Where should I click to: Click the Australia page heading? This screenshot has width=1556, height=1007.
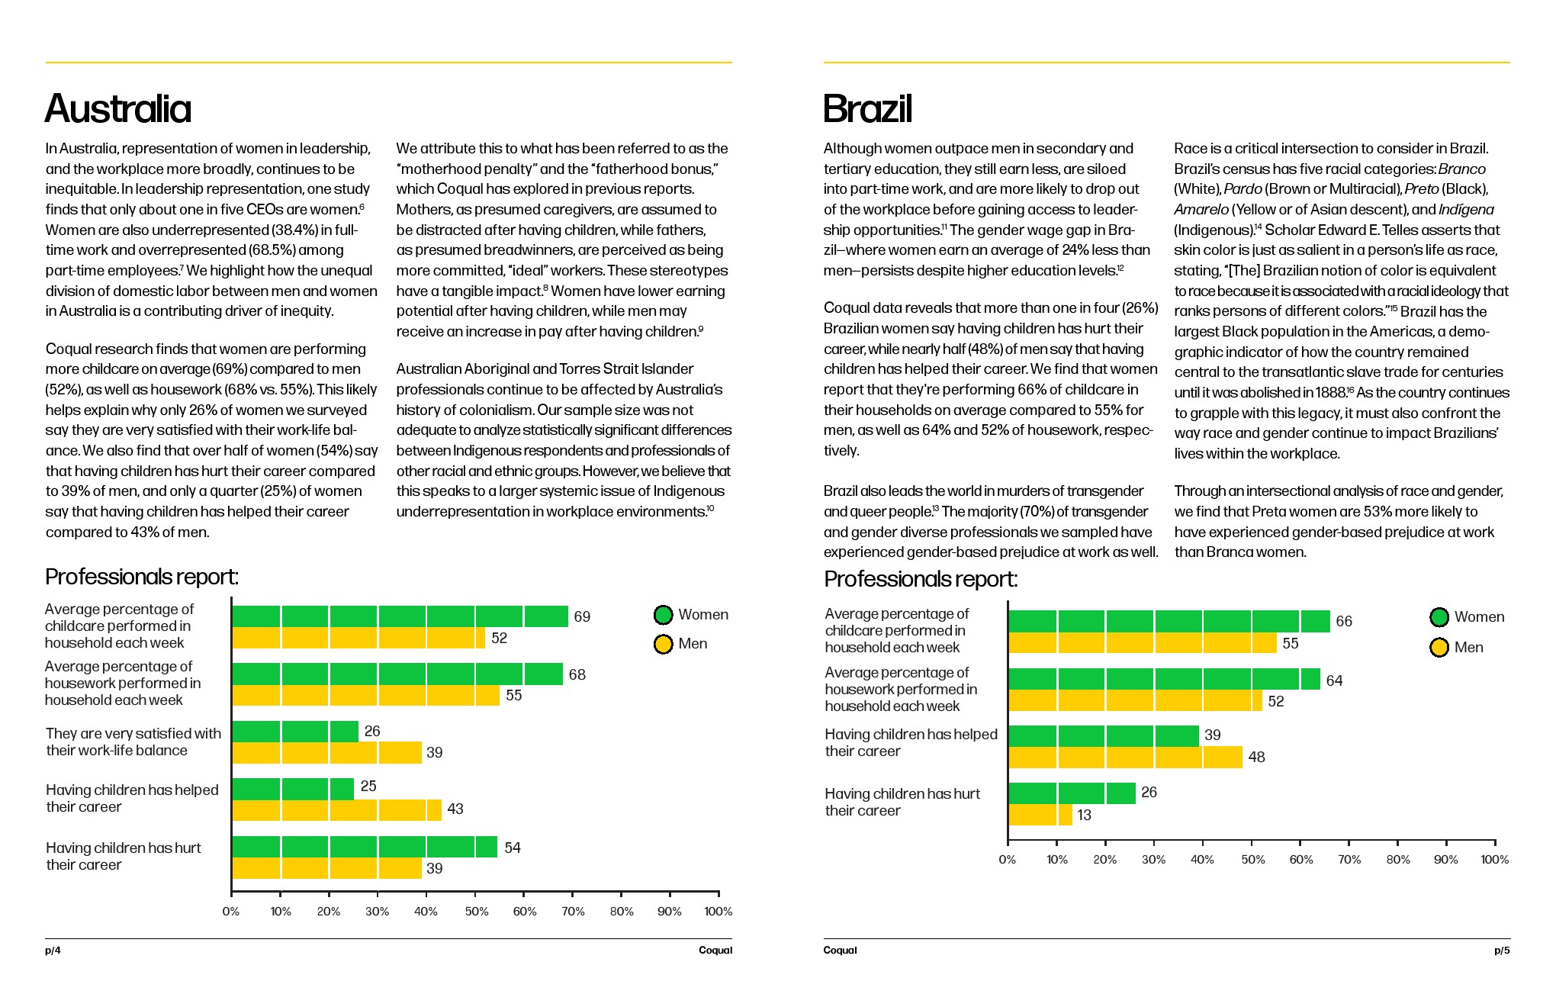coord(118,108)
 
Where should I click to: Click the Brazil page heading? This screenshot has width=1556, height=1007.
coord(867,108)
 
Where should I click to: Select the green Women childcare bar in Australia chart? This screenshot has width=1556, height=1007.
coord(400,616)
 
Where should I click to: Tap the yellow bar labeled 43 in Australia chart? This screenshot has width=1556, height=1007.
coord(336,809)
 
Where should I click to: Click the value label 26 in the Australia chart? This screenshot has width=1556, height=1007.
coord(372,731)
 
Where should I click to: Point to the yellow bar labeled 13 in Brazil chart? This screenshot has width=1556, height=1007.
coord(1040,815)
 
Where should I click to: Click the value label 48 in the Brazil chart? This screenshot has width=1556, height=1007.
coord(1256,757)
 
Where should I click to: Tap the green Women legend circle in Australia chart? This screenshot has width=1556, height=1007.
coord(663,615)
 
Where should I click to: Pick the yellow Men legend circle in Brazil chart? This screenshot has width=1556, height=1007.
coord(1439,648)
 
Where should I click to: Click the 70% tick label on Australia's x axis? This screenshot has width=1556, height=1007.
coord(573,911)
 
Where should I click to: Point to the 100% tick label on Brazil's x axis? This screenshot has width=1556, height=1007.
coord(1494,859)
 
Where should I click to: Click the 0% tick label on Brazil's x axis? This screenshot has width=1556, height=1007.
coord(1007,859)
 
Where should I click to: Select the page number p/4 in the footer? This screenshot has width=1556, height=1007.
coord(53,950)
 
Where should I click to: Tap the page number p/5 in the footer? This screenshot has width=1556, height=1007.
coord(1501,950)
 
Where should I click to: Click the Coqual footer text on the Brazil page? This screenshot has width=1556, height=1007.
coord(840,950)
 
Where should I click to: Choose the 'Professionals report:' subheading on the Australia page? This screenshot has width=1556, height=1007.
coord(142,577)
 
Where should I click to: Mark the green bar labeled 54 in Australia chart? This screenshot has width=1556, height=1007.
coord(364,847)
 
